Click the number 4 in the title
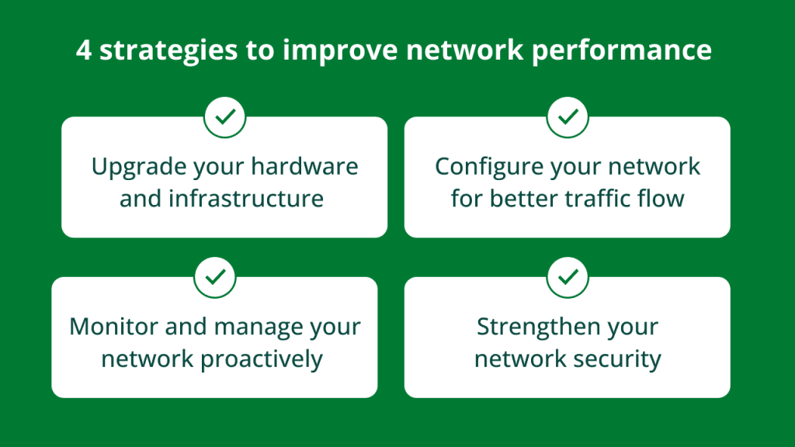coord(85,50)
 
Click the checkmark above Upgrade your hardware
coord(224,117)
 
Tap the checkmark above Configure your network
coord(568,117)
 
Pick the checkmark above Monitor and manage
coord(215,277)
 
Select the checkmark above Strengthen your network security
coord(568,277)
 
